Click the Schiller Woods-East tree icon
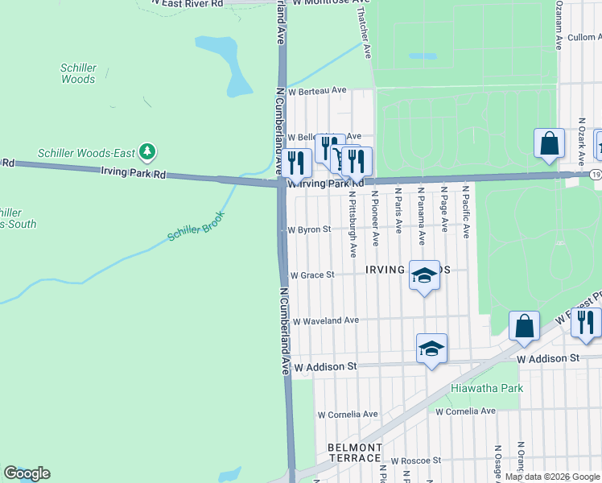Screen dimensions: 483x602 [146, 151]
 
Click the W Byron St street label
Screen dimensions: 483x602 [310, 229]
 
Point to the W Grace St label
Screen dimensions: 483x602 [311, 275]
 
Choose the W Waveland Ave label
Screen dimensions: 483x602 [325, 320]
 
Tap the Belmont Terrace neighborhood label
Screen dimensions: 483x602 [354, 452]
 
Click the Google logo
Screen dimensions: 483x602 [27, 473]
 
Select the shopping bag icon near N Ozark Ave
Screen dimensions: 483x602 [549, 144]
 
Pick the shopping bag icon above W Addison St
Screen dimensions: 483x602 [524, 325]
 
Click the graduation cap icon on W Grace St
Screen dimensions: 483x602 [424, 275]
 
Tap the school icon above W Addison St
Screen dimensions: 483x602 [431, 349]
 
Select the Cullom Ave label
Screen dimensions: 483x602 [583, 37]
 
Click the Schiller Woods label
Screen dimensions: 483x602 [78, 74]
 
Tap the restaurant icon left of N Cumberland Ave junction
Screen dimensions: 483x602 [296, 163]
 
